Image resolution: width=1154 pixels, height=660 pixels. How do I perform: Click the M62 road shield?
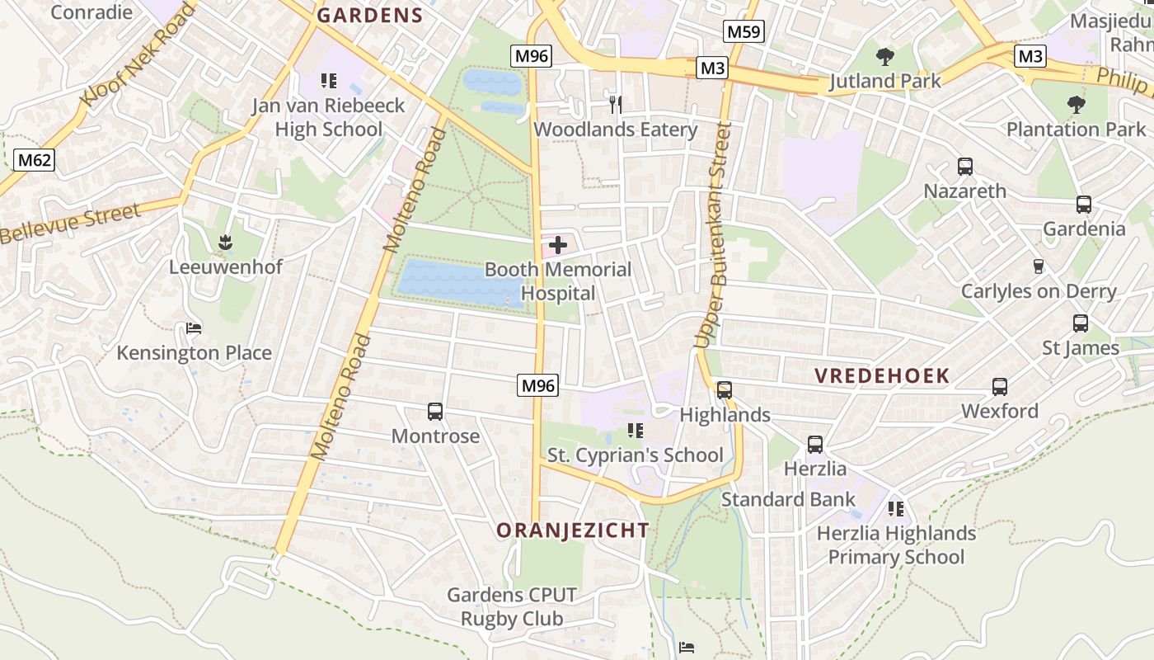pyautogui.click(x=35, y=159)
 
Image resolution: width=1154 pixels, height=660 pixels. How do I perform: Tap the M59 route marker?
pyautogui.click(x=744, y=32)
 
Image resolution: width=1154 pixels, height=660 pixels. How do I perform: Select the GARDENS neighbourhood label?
pyautogui.click(x=370, y=15)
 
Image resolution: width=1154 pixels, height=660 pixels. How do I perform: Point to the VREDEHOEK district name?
pyautogui.click(x=882, y=376)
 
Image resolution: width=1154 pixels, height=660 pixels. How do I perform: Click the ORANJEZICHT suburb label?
pyautogui.click(x=573, y=530)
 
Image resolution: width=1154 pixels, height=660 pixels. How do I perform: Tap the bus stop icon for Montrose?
pyautogui.click(x=435, y=411)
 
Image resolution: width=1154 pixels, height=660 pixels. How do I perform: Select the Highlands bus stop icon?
pyautogui.click(x=725, y=390)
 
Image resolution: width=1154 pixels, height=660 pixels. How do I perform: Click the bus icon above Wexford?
pyautogui.click(x=1000, y=386)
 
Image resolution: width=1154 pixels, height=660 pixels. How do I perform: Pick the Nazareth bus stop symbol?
pyautogui.click(x=965, y=167)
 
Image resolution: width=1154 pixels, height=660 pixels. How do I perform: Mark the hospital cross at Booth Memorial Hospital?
pyautogui.click(x=558, y=245)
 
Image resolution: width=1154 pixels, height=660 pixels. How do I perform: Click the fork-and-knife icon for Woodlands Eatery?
pyautogui.click(x=615, y=104)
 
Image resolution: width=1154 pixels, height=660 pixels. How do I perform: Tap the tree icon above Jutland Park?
pyautogui.click(x=885, y=57)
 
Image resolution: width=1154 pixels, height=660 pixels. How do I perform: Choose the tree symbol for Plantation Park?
pyautogui.click(x=1076, y=105)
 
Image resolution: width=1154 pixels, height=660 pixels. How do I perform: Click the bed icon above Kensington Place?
pyautogui.click(x=194, y=328)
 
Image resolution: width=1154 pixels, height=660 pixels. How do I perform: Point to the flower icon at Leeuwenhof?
pyautogui.click(x=225, y=243)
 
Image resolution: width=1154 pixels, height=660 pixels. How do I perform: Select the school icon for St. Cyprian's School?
pyautogui.click(x=635, y=431)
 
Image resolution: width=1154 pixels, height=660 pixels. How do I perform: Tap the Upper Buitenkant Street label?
pyautogui.click(x=713, y=235)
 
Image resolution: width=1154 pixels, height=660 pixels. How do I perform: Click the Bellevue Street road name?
pyautogui.click(x=70, y=224)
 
